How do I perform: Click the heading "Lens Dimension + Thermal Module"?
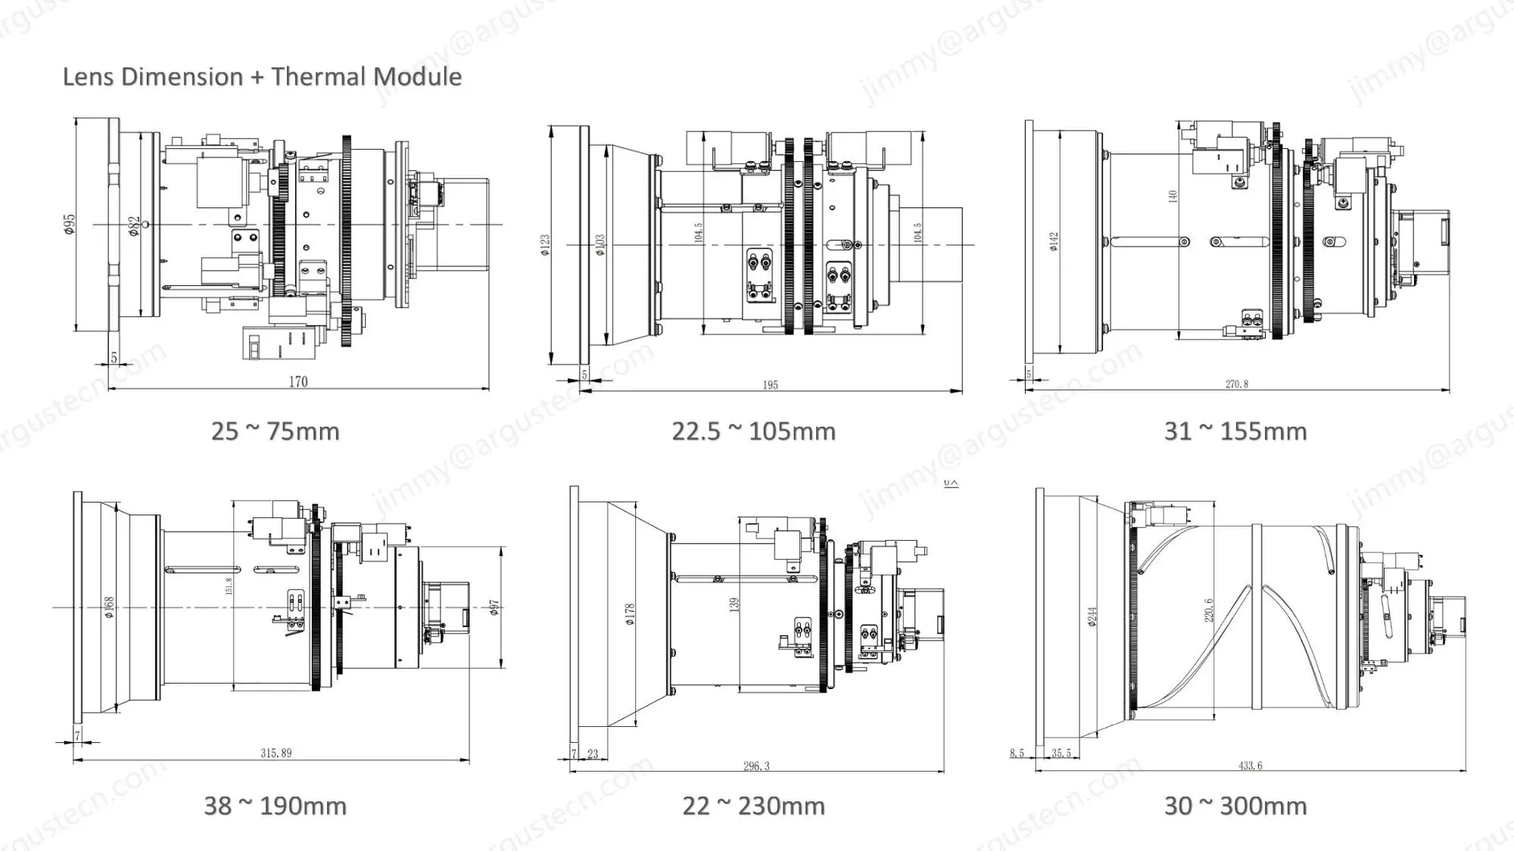(262, 76)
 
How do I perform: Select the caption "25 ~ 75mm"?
(275, 431)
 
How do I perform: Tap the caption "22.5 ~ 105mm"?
(753, 431)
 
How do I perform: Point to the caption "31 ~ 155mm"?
(1235, 431)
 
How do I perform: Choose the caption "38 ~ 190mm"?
(275, 806)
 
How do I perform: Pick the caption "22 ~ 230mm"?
(753, 806)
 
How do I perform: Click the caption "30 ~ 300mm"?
(1235, 806)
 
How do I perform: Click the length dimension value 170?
(298, 381)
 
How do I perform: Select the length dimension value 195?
(770, 385)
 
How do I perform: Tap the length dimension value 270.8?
(1237, 384)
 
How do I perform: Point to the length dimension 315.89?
(276, 753)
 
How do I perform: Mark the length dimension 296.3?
(755, 766)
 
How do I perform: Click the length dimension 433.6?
(1250, 766)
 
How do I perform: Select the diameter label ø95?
(70, 224)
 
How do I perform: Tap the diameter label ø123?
(545, 245)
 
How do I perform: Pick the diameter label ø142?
(1053, 241)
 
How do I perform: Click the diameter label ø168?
(109, 607)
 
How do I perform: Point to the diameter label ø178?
(630, 614)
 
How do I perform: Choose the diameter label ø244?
(1092, 617)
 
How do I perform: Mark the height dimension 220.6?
(1209, 610)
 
